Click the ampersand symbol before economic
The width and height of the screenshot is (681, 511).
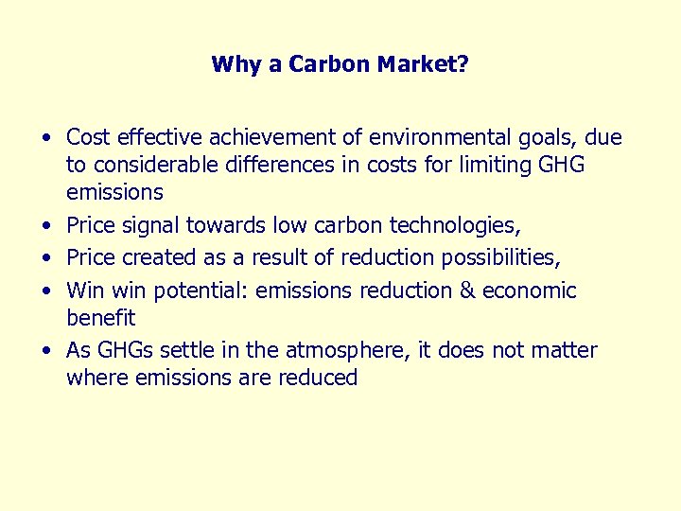click(467, 290)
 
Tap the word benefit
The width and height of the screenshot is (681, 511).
click(100, 318)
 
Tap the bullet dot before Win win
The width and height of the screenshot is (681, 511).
click(45, 291)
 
